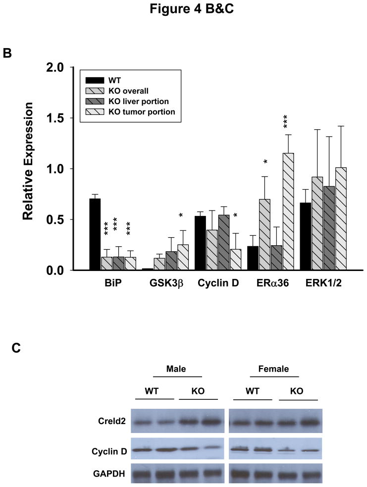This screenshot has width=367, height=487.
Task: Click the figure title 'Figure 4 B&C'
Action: coord(183,11)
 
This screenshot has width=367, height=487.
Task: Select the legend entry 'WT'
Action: coord(110,80)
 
